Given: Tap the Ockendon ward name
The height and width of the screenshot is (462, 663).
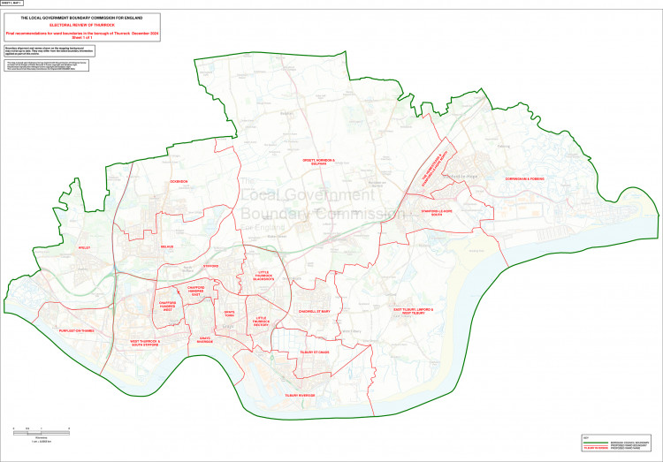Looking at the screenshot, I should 179,182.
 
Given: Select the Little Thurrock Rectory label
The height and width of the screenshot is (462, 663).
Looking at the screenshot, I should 261,321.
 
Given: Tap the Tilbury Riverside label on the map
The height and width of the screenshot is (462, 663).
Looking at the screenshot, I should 300,395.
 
